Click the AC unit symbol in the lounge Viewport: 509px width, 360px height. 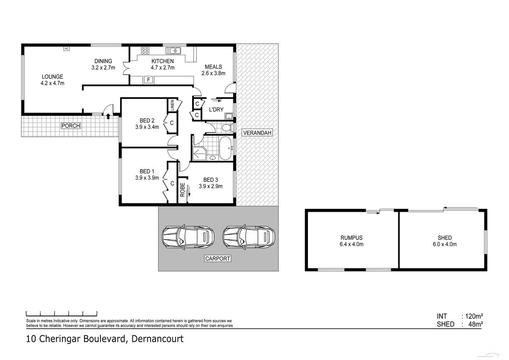click(x=66, y=48)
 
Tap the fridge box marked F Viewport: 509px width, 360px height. click(x=148, y=79)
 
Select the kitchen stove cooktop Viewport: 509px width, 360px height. click(x=145, y=51)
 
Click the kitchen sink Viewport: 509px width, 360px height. click(x=173, y=51)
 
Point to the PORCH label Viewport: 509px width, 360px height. click(x=70, y=126)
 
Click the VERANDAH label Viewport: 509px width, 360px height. click(x=257, y=133)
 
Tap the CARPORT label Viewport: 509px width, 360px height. click(x=217, y=258)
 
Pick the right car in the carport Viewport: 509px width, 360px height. click(x=249, y=236)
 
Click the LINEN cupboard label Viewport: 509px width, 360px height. click(x=173, y=105)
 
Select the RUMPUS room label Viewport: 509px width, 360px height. click(x=352, y=238)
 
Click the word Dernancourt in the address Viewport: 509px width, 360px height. click(x=157, y=339)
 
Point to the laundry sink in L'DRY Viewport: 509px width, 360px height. click(x=229, y=116)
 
